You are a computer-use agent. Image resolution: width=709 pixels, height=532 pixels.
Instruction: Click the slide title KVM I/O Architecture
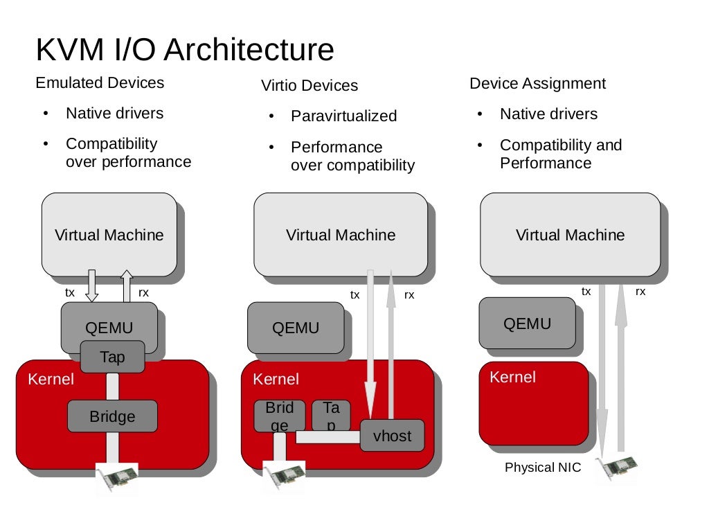click(184, 50)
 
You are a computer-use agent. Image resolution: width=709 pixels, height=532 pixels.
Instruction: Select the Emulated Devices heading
click(100, 83)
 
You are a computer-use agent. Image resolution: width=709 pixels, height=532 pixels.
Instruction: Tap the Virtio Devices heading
click(309, 86)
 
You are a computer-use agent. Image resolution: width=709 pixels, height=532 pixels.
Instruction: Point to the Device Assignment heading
click(537, 84)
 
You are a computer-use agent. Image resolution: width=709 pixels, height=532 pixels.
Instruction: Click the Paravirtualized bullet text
click(343, 116)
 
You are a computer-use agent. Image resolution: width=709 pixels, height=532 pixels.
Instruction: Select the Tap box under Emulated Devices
click(112, 357)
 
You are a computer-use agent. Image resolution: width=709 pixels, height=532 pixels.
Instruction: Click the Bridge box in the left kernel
click(112, 417)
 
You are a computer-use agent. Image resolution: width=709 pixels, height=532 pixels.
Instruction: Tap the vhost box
click(392, 436)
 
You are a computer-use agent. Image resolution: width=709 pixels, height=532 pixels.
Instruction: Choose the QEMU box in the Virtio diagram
click(296, 328)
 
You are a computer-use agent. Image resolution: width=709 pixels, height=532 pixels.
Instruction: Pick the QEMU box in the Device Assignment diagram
click(527, 323)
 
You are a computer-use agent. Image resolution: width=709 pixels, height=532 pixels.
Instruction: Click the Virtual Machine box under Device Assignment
click(570, 235)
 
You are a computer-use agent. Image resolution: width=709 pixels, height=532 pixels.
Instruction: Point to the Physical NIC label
click(543, 468)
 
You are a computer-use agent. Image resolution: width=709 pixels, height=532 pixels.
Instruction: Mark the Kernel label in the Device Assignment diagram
click(512, 378)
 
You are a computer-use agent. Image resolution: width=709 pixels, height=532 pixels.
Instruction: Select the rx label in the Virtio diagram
click(409, 295)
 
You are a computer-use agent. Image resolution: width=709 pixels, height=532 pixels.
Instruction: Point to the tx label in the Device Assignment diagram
click(586, 292)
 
